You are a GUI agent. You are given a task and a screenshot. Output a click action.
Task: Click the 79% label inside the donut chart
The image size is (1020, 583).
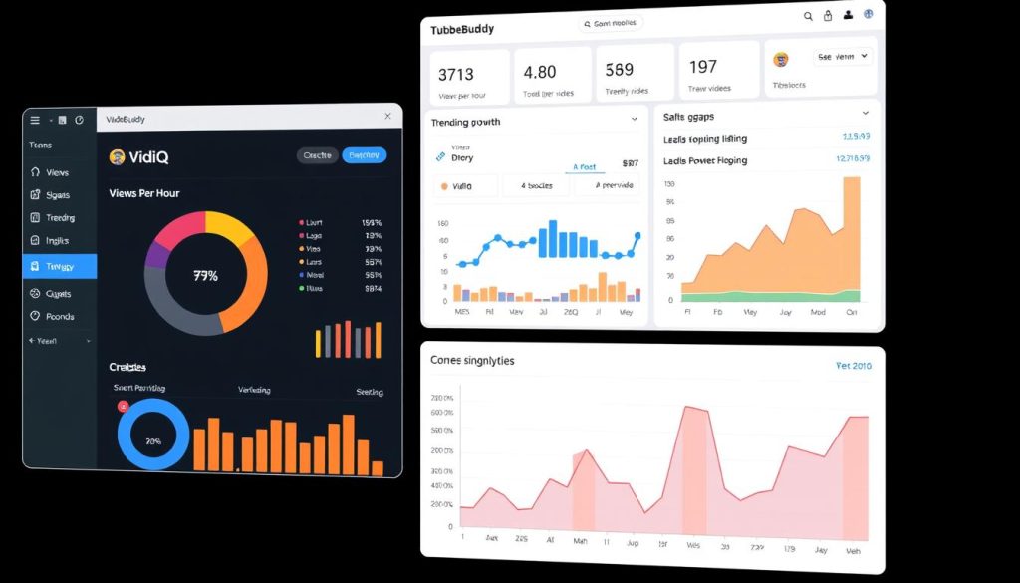tap(205, 275)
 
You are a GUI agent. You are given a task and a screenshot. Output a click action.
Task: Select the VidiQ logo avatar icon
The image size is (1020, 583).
tap(117, 156)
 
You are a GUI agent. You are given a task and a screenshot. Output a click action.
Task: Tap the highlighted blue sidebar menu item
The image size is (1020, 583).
tap(60, 266)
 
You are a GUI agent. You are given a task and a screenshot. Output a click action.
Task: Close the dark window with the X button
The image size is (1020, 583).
tap(387, 117)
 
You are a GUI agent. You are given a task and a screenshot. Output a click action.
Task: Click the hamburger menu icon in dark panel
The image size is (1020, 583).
tap(35, 120)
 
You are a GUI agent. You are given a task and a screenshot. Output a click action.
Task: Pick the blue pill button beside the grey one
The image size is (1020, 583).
tap(364, 155)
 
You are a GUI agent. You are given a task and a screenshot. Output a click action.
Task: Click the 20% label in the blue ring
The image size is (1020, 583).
tap(153, 439)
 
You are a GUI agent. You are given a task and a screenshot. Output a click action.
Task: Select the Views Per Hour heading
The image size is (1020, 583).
tap(143, 193)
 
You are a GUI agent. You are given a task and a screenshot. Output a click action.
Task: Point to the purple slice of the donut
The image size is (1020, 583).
tap(156, 253)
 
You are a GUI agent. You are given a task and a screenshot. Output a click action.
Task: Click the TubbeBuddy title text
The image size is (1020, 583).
tap(462, 30)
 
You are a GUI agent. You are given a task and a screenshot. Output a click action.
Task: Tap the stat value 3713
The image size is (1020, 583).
tap(455, 74)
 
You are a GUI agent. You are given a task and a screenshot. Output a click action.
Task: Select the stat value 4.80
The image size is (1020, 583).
tap(539, 72)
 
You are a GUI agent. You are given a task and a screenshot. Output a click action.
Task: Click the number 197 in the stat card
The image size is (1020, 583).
tap(702, 67)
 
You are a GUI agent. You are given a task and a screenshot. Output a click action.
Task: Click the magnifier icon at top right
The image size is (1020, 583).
tap(808, 16)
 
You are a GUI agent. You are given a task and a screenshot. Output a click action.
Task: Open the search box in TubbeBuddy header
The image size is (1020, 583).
tap(611, 23)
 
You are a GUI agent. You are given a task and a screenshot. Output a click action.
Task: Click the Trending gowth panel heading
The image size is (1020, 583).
tap(465, 122)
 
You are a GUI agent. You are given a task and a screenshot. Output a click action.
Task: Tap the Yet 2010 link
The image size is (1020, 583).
tap(853, 366)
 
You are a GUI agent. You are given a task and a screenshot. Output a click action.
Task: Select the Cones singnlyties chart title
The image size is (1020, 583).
tap(472, 360)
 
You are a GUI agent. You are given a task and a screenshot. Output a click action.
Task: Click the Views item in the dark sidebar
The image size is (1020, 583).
tap(57, 172)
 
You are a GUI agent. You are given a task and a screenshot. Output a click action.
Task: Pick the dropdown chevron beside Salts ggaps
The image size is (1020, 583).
tap(865, 114)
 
